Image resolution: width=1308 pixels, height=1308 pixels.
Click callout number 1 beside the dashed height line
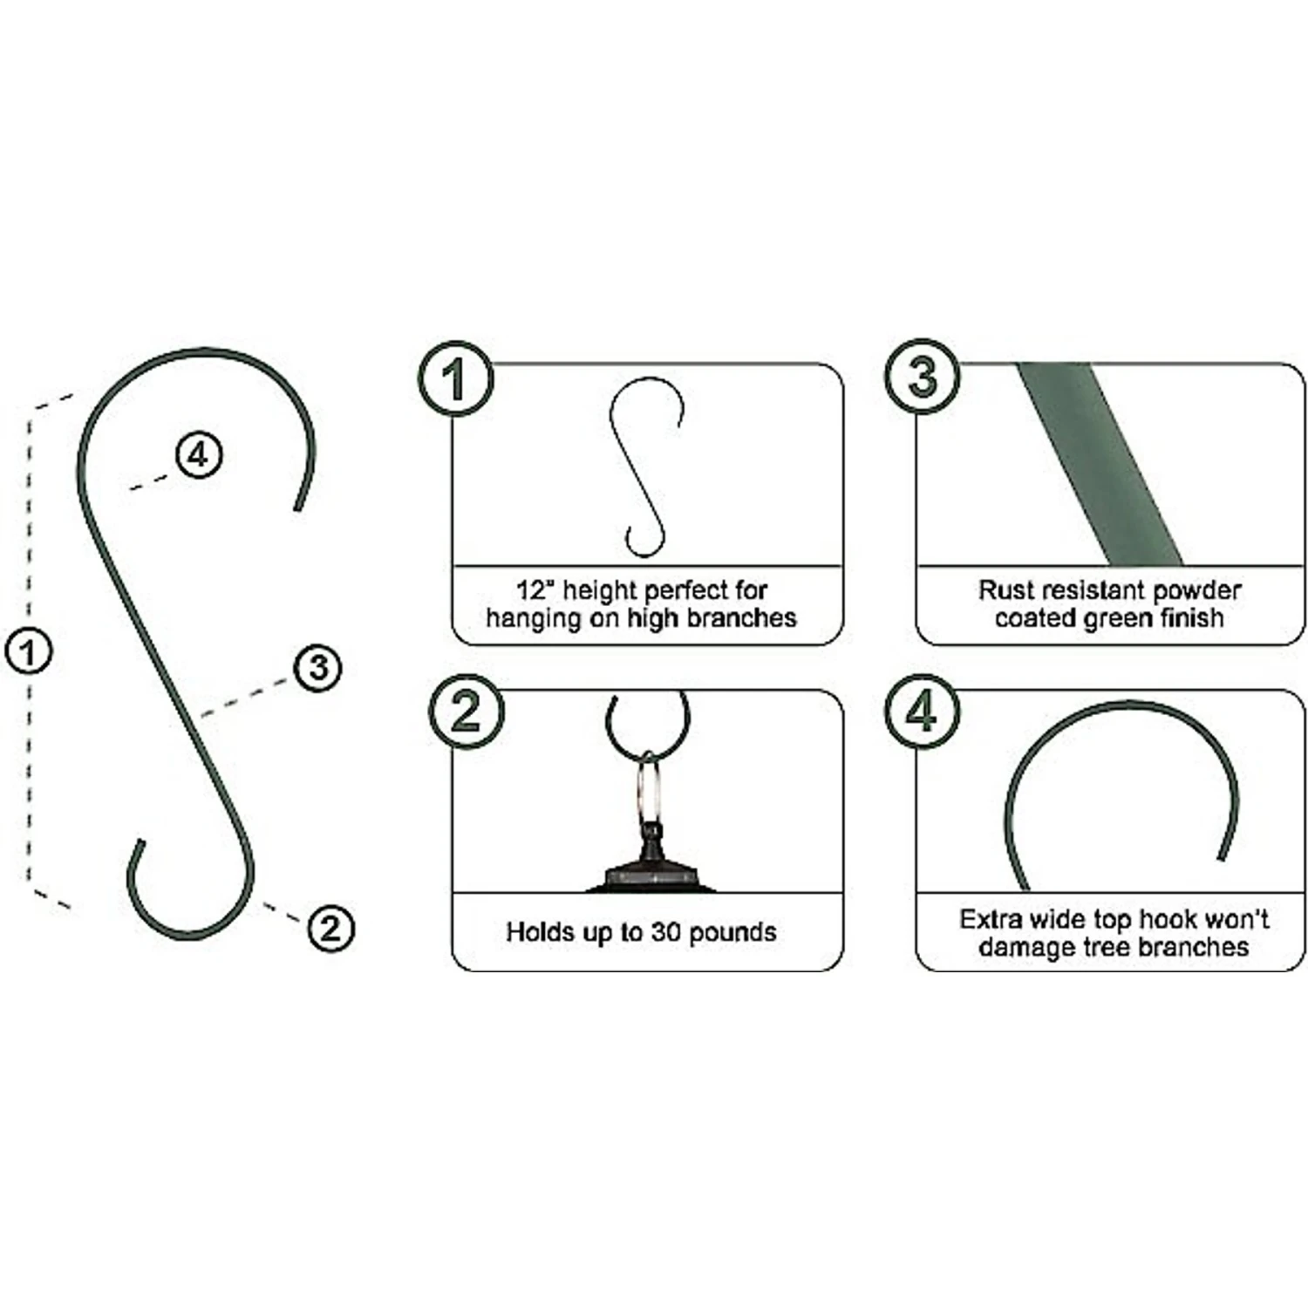point(28,652)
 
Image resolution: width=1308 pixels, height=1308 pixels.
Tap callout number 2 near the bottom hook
point(330,928)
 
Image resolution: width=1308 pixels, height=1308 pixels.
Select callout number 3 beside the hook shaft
point(317,668)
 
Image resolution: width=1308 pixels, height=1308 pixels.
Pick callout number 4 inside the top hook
point(199,455)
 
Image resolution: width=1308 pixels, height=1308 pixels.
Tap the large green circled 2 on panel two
point(466,712)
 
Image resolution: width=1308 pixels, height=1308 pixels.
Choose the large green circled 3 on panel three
point(923,377)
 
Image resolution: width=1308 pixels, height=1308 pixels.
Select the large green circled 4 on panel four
point(923,712)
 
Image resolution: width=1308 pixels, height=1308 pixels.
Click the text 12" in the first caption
point(535,590)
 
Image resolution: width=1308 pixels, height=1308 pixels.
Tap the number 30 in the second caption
point(665,932)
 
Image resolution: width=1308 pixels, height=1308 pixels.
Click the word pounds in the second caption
point(732,933)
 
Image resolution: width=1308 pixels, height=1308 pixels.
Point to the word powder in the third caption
point(1196,591)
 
